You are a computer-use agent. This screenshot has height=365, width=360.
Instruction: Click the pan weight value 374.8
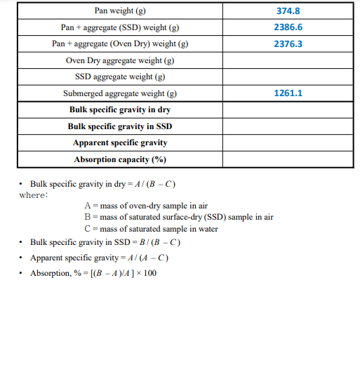click(x=288, y=11)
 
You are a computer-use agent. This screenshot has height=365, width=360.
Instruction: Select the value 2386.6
click(x=288, y=27)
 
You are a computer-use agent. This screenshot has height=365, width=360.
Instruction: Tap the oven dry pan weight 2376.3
click(x=288, y=44)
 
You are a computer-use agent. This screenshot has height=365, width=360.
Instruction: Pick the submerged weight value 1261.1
click(x=288, y=93)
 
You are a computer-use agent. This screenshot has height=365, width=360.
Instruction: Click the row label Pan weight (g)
click(x=120, y=11)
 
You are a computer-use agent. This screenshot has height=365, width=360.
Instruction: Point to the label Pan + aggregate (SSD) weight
click(x=120, y=27)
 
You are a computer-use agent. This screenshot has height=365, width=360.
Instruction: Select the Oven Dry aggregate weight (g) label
click(x=120, y=60)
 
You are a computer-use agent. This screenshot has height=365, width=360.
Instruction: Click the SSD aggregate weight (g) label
click(x=120, y=77)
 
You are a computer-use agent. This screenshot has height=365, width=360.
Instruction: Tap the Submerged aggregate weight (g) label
click(x=120, y=93)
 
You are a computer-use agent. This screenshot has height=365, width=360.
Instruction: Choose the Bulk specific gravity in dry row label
click(x=120, y=110)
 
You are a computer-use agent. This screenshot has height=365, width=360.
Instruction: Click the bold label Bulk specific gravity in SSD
click(x=120, y=126)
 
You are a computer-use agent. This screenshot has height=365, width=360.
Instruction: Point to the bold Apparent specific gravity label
click(x=120, y=142)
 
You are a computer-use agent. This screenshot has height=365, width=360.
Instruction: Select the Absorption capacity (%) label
click(x=120, y=159)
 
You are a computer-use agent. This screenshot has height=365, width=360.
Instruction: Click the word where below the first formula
click(x=34, y=195)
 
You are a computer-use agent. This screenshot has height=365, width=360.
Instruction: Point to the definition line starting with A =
click(x=146, y=206)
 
